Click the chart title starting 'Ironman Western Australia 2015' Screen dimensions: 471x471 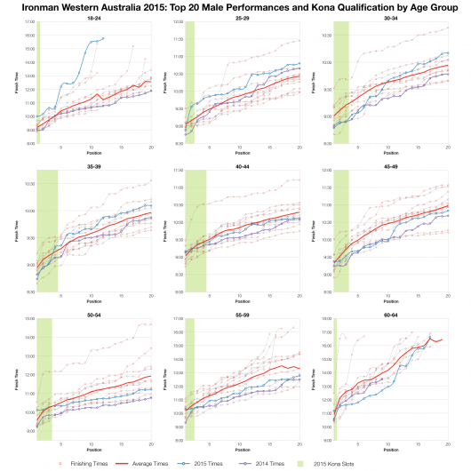[x=235, y=7]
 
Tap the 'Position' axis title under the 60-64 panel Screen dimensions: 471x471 [x=391, y=450]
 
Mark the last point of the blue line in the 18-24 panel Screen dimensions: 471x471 [x=103, y=38]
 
